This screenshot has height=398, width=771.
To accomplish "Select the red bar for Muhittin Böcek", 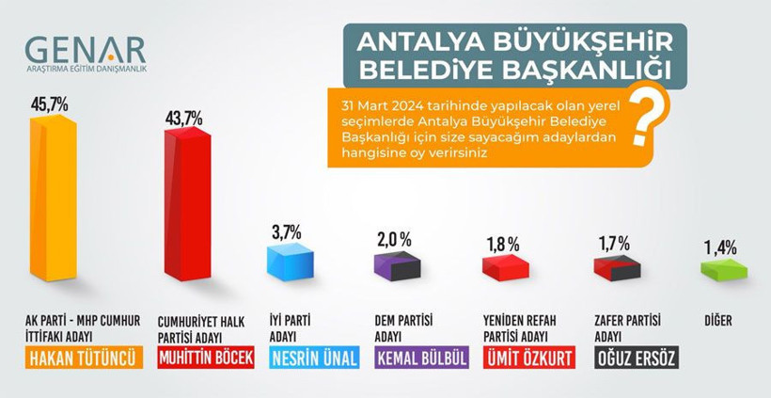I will pos(186,207).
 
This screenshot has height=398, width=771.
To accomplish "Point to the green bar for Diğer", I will pos(724,270).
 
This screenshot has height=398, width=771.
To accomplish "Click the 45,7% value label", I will pos(51,104).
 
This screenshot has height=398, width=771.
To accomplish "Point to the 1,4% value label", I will pos(720,247).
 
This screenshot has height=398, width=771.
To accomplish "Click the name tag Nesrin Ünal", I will pos(314,358).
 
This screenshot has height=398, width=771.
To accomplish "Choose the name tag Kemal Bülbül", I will pos(420,358).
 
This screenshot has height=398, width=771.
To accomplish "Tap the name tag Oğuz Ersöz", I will pos(637,358).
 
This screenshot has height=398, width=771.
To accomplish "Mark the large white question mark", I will pos(644,119).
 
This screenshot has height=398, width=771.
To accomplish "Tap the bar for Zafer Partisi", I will pos(617,268).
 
